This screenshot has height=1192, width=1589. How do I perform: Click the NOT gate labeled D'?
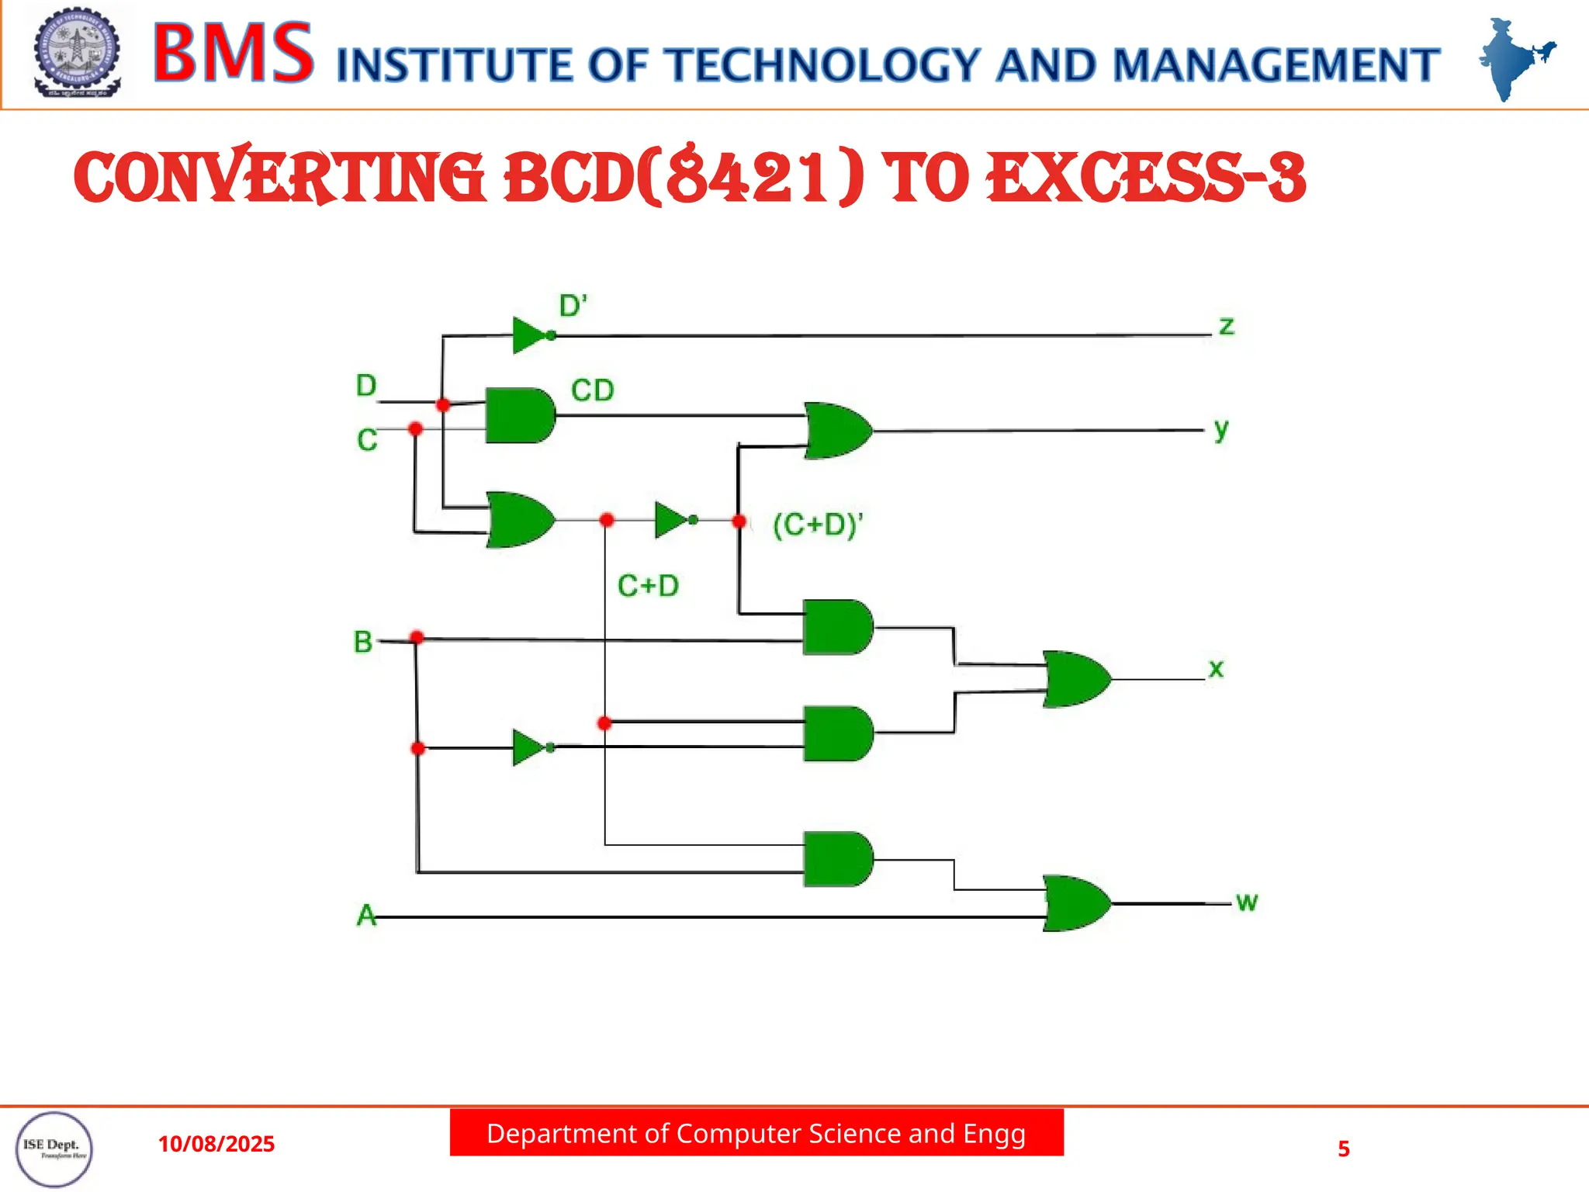point(530,335)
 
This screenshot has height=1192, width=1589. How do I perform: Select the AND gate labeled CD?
point(518,415)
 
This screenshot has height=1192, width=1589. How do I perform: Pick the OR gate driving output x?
point(1075,679)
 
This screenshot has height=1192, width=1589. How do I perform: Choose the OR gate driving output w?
point(1075,903)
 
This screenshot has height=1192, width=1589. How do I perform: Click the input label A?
point(365,916)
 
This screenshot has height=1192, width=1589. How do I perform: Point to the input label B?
point(362,642)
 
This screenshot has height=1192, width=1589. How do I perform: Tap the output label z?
point(1226,326)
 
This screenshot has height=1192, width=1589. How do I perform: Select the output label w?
point(1246,902)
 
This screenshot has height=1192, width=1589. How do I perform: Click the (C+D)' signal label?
point(818,525)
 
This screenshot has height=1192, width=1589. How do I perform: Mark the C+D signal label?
point(648,586)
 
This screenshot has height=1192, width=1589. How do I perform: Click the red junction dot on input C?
point(415,428)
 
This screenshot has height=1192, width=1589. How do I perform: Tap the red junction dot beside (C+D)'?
point(739,521)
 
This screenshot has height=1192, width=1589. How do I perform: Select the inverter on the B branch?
point(530,747)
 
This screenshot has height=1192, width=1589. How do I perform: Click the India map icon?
point(1513,59)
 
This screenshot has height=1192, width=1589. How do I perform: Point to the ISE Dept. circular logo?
point(54,1149)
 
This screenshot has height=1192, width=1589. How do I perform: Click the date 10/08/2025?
point(216,1144)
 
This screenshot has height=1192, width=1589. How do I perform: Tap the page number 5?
point(1344,1149)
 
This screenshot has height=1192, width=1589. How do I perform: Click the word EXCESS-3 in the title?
point(1146,178)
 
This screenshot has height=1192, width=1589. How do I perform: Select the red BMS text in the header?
point(233,53)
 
